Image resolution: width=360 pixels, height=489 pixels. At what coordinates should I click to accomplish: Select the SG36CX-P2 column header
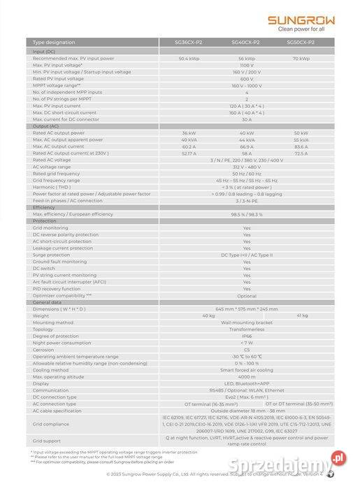(x=189, y=43)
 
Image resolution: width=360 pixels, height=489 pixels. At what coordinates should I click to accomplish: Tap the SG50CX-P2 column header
(x=301, y=43)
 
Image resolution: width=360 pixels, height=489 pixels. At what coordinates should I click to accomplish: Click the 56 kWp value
(x=246, y=58)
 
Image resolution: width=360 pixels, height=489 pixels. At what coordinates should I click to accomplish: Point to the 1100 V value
(x=246, y=64)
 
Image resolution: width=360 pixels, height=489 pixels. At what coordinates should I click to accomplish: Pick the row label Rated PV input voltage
(x=59, y=78)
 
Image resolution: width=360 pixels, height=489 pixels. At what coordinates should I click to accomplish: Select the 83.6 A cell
(x=301, y=146)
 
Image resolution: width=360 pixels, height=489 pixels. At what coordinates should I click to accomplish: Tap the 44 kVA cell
(x=246, y=139)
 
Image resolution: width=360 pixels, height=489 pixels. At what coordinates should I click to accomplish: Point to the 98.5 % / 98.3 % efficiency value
(x=246, y=214)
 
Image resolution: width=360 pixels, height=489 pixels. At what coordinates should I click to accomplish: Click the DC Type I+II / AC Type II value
(x=246, y=255)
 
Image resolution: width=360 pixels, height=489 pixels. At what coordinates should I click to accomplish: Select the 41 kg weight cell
(x=301, y=316)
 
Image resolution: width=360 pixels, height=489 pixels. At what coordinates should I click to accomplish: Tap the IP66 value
(x=246, y=336)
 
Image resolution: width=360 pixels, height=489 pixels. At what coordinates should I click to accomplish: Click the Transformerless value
(x=246, y=329)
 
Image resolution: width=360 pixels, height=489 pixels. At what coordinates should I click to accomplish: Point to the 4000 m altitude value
(x=246, y=376)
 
